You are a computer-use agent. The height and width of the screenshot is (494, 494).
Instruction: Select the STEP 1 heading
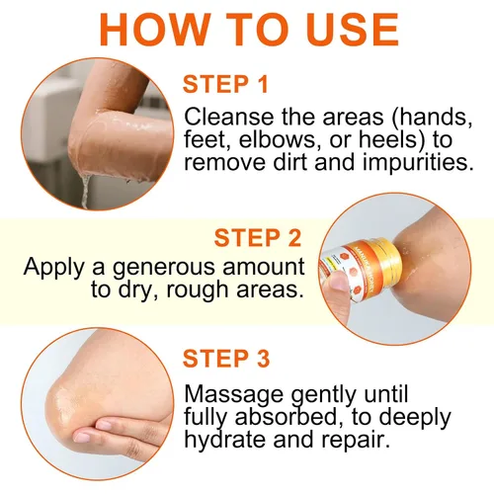click(x=225, y=84)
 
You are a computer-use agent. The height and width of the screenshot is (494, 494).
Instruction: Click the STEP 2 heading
click(x=258, y=237)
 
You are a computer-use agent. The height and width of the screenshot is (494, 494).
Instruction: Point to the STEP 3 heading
click(x=226, y=359)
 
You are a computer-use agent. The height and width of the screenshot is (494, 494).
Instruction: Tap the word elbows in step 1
click(x=277, y=139)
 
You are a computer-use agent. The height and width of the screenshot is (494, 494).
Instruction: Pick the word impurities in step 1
click(x=418, y=163)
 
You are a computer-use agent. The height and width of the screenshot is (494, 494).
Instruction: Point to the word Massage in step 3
click(x=233, y=394)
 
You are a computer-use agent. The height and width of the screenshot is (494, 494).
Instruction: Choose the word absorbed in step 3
click(x=287, y=417)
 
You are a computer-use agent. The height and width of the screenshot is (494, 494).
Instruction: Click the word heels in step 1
click(x=392, y=139)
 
